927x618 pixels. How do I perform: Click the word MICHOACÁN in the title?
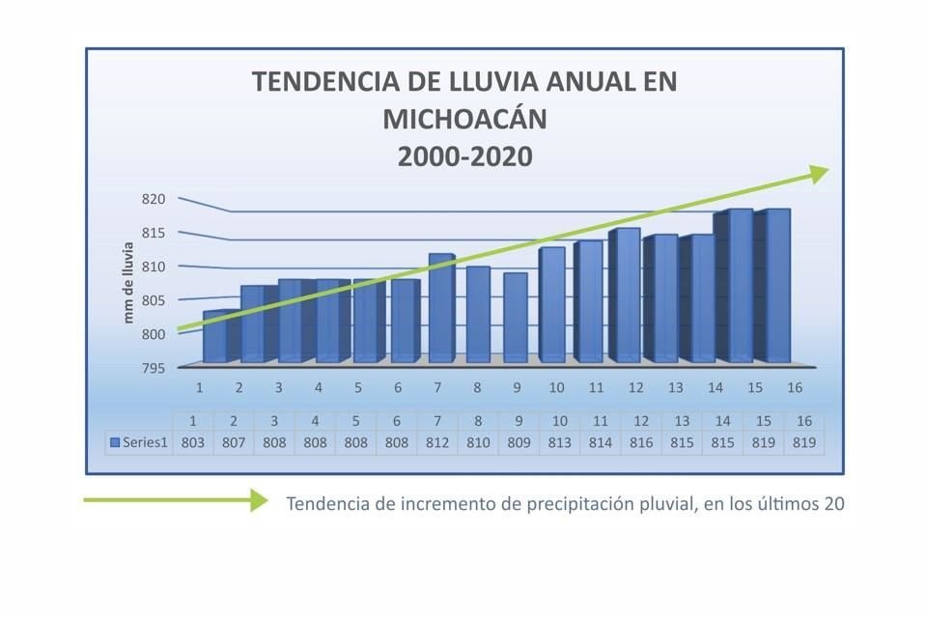click(464, 119)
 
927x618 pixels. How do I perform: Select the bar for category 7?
click(438, 309)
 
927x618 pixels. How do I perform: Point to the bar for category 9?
click(515, 318)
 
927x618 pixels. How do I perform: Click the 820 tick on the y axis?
click(155, 199)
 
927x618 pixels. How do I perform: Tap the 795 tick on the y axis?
click(155, 368)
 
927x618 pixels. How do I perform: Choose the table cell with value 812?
click(436, 442)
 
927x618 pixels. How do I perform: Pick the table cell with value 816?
click(634, 442)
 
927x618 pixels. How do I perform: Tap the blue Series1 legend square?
click(115, 442)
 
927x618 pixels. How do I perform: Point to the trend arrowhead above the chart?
click(818, 173)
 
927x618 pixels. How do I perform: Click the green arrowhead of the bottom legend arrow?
click(258, 499)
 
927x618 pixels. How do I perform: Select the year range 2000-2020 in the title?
click(464, 155)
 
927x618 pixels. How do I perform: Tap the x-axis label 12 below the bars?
click(635, 388)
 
